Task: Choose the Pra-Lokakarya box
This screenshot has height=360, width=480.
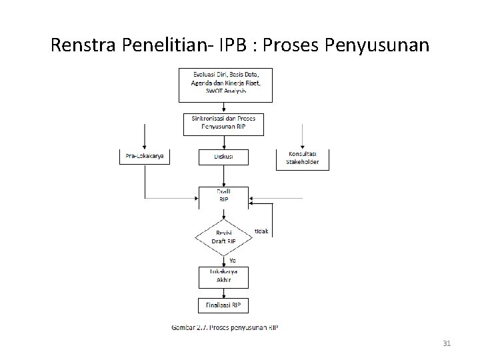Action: click(145, 157)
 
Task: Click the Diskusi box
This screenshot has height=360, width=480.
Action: click(223, 157)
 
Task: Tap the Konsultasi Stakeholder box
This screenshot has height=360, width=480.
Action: click(302, 158)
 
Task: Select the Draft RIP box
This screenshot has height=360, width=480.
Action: click(223, 197)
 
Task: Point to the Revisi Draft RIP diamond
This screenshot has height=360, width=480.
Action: click(223, 236)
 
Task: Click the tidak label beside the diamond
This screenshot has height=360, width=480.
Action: click(261, 231)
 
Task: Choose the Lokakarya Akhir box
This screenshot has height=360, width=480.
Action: click(223, 276)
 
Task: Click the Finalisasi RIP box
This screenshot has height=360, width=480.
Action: click(223, 305)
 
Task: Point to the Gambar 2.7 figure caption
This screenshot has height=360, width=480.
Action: click(225, 327)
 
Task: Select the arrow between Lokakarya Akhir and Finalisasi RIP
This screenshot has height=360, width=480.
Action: click(223, 292)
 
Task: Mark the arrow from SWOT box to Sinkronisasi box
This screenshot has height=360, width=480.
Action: click(223, 107)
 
